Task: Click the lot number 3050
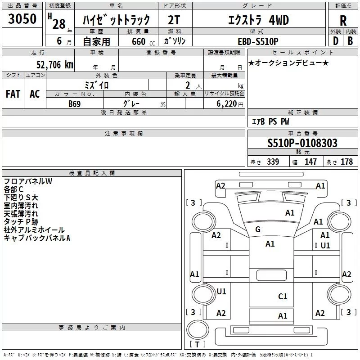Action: tap(22, 19)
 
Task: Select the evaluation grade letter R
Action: tap(343, 21)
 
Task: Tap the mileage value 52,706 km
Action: tap(55, 65)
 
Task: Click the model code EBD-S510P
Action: tap(258, 41)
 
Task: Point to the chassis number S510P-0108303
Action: tap(302, 143)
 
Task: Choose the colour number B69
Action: tap(75, 104)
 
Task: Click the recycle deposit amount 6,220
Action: tap(227, 104)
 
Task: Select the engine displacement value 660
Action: tap(139, 41)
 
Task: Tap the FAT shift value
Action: tap(13, 94)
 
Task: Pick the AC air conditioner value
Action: tap(35, 94)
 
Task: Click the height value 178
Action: tap(346, 162)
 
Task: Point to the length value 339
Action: tap(273, 162)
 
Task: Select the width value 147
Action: tap(310, 162)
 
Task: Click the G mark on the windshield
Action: tap(258, 229)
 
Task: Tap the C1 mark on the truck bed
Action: tap(283, 297)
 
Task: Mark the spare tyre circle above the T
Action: tap(198, 330)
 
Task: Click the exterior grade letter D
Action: tap(336, 41)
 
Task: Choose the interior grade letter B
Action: tap(350, 41)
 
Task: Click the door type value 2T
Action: tap(174, 20)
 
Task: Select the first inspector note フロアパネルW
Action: tap(28, 181)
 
